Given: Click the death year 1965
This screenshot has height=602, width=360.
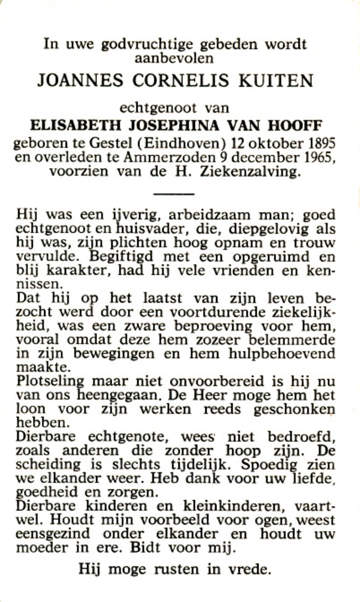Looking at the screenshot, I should point(320,158).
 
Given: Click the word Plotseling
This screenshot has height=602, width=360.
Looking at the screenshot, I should point(44,382).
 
